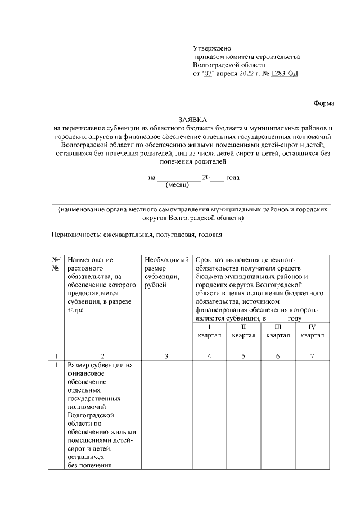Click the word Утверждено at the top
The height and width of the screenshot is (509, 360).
(x=212, y=49)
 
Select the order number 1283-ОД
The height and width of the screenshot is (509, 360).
(x=285, y=73)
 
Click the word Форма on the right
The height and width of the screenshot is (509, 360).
(x=323, y=103)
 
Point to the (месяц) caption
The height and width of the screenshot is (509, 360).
(x=179, y=184)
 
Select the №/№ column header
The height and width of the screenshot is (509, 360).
(x=56, y=264)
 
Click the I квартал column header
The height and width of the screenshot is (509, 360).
(x=209, y=331)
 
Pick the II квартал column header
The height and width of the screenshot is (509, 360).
(x=244, y=331)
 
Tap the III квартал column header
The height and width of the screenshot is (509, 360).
(x=278, y=331)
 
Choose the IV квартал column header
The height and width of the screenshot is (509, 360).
(x=312, y=331)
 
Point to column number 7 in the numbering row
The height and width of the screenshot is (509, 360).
(x=312, y=357)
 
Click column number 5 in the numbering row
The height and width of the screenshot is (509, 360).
(x=244, y=357)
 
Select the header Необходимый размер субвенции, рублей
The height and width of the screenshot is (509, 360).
(x=166, y=273)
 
